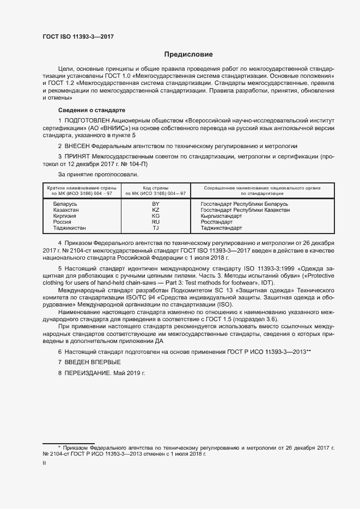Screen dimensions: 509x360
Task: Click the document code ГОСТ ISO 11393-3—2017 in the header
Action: pyautogui.click(x=78, y=36)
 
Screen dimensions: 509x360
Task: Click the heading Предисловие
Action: pyautogui.click(x=189, y=54)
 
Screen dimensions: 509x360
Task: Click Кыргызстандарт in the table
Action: pyautogui.click(x=225, y=216)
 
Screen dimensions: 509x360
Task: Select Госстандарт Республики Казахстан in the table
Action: pyautogui.click(x=245, y=210)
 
